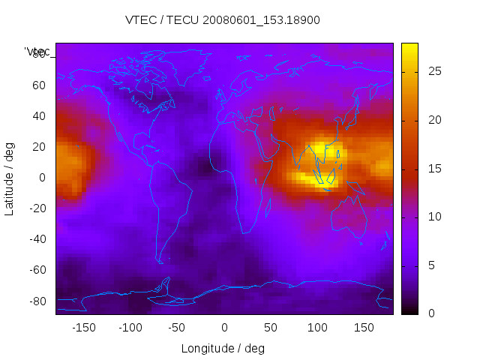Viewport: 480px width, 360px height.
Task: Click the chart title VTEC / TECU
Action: (x=223, y=20)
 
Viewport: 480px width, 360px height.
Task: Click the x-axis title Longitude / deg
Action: (x=223, y=348)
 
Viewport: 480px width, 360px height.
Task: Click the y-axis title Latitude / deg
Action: (x=10, y=178)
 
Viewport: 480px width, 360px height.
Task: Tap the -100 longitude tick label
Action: (x=130, y=328)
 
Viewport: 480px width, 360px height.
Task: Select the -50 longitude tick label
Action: (x=177, y=328)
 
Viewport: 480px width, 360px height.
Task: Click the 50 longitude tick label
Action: (x=271, y=328)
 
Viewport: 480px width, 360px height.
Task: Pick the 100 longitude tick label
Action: (x=317, y=328)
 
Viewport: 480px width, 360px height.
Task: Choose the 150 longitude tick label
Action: (x=364, y=328)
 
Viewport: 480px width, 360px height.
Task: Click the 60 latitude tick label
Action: (x=38, y=85)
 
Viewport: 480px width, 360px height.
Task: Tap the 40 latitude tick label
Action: (x=38, y=115)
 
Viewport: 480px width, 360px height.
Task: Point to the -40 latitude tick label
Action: (x=36, y=239)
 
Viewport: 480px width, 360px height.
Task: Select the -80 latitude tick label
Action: (x=36, y=301)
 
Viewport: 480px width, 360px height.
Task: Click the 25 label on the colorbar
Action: (x=433, y=71)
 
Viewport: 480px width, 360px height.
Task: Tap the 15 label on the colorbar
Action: (x=433, y=168)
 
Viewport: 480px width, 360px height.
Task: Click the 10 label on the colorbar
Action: (x=433, y=217)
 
